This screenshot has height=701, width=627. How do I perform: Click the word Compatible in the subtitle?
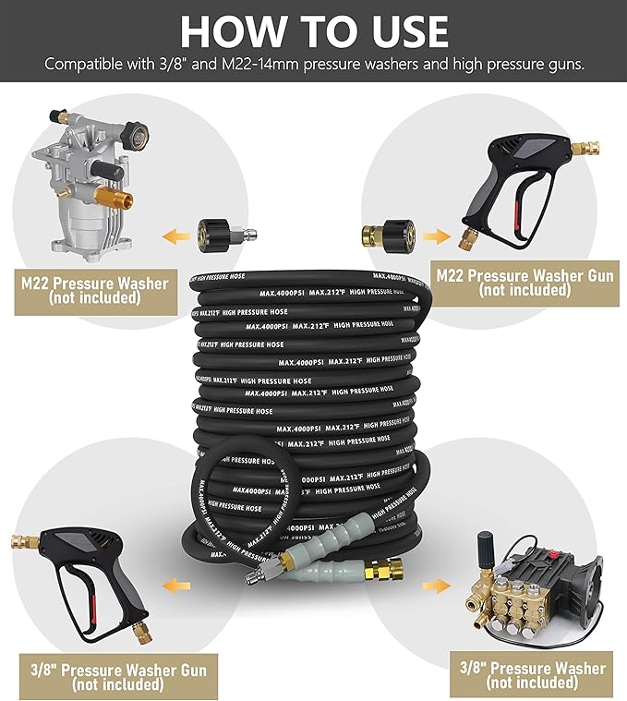coord(88,65)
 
